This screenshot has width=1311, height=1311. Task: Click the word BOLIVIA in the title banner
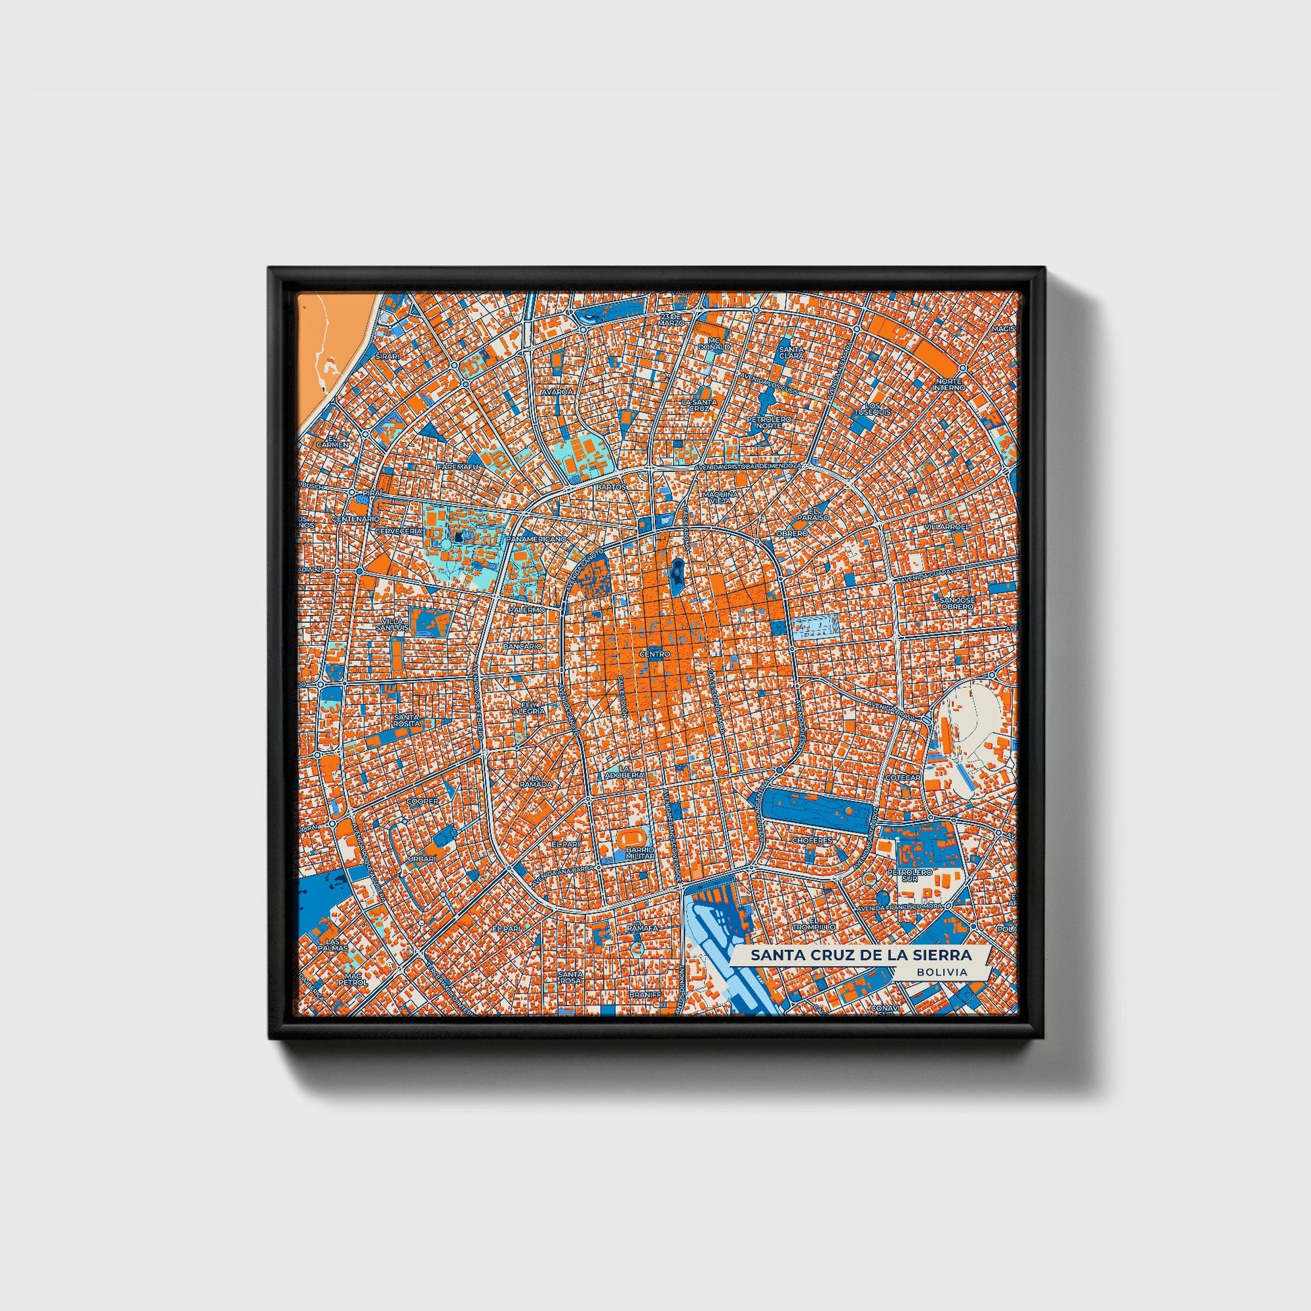tap(942, 971)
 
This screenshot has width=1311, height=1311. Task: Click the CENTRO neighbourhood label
tap(655, 654)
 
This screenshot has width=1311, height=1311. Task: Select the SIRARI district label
tap(389, 356)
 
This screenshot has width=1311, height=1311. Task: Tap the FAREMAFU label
tap(459, 468)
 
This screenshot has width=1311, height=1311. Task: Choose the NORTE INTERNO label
tap(948, 384)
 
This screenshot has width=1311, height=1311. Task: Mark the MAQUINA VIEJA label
tap(720, 498)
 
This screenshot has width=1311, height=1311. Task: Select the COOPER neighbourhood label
tap(422, 801)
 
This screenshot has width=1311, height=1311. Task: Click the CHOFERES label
tap(812, 840)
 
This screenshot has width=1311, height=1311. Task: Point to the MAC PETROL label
tap(353, 978)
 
